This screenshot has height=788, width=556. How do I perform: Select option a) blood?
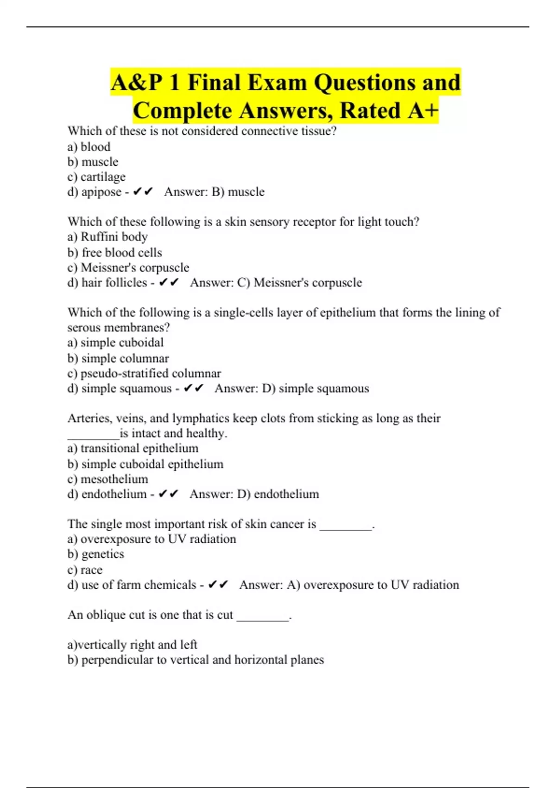[x=89, y=147]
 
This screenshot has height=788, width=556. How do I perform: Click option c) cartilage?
[x=96, y=177]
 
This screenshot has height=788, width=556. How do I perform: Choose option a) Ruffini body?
[x=107, y=237]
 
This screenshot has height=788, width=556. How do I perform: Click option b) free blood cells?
[x=114, y=253]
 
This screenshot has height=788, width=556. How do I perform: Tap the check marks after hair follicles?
[x=168, y=282]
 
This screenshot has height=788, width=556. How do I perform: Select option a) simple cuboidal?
[x=115, y=343]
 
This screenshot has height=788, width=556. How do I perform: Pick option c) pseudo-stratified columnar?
[x=144, y=373]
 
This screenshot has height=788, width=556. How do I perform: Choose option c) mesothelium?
[x=107, y=479]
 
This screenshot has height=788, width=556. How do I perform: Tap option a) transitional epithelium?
[x=133, y=448]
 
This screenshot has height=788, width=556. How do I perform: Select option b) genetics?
[x=96, y=554]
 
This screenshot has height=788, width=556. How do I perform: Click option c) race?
[x=85, y=570]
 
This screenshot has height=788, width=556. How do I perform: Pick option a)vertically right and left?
[x=133, y=645]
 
